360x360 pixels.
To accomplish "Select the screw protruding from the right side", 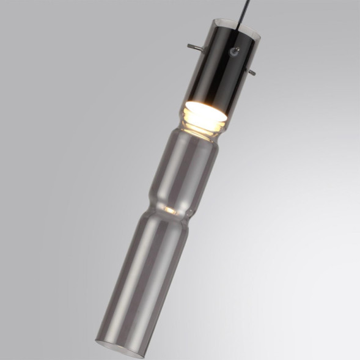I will [250, 72].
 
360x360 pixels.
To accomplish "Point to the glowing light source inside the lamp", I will [205, 111].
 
